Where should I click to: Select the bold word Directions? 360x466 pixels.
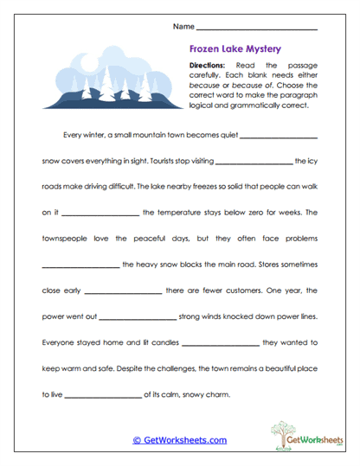pyautogui.click(x=206, y=66)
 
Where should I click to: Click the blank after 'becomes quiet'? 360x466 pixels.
pyautogui.click(x=279, y=137)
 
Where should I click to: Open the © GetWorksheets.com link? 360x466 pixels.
pyautogui.click(x=180, y=440)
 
